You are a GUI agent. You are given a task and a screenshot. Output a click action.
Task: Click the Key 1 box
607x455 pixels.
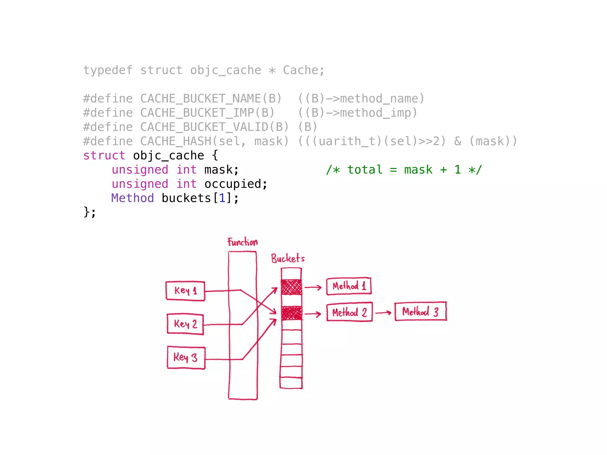click(x=185, y=291)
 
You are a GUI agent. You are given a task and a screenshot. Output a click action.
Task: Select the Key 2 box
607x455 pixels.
click(x=185, y=324)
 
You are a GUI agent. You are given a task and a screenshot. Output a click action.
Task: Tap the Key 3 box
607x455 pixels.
click(x=186, y=358)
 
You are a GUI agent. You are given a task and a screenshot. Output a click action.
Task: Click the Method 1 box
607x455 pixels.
click(x=349, y=286)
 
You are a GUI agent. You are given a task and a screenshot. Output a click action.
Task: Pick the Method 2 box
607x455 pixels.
click(x=349, y=312)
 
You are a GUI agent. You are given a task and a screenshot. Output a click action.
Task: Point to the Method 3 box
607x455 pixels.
click(x=420, y=311)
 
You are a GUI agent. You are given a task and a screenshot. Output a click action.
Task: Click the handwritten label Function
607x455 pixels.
click(x=242, y=242)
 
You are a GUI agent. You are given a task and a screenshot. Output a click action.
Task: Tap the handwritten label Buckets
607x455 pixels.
click(x=287, y=258)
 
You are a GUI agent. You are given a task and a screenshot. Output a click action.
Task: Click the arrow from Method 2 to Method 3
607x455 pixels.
click(x=383, y=313)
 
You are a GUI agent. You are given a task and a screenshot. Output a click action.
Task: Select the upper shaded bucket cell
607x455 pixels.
click(x=291, y=287)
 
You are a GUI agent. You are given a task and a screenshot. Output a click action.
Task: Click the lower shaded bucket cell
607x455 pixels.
click(x=292, y=313)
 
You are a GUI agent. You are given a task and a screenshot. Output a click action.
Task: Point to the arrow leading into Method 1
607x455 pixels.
click(x=313, y=287)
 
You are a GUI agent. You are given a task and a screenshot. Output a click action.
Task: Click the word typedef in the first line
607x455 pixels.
click(x=108, y=70)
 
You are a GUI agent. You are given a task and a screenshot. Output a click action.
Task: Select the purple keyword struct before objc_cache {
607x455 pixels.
click(x=104, y=155)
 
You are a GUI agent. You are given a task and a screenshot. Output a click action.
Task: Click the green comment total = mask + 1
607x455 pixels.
click(x=404, y=169)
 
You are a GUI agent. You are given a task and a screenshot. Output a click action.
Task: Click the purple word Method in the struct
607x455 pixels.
click(x=132, y=198)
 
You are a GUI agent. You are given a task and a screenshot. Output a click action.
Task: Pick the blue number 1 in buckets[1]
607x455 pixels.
click(x=222, y=198)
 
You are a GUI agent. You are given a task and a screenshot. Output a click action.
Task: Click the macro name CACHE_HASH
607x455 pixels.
click(x=175, y=141)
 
